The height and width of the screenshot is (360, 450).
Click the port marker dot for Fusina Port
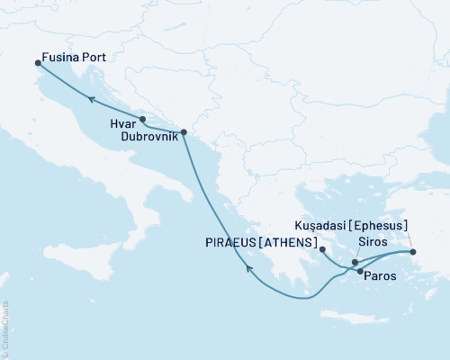pos(38,63)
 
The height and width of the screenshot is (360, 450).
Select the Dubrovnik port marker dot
pos(184,132)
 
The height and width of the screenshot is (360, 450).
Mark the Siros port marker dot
pos(355,262)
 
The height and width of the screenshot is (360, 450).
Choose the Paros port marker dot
pos(360,271)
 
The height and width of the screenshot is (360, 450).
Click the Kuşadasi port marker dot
pos(413,252)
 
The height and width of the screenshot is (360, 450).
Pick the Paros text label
pos(379,279)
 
